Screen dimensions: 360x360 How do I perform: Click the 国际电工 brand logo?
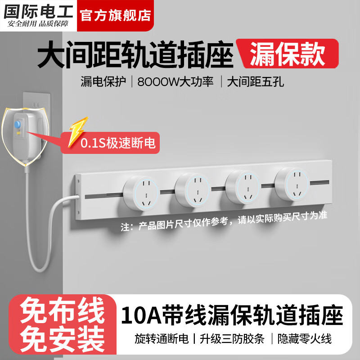[x=38, y=15]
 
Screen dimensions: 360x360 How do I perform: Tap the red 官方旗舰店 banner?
[x=115, y=15]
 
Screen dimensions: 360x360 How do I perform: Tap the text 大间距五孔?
[x=255, y=82]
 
